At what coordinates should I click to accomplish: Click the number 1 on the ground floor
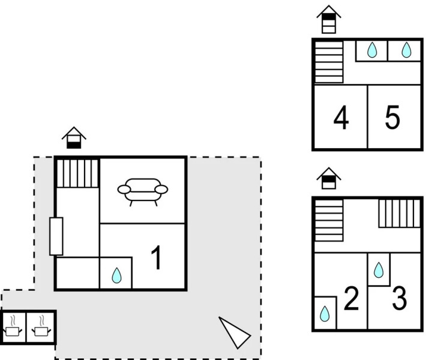[x=155, y=259]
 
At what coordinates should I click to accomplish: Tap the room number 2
[x=350, y=298]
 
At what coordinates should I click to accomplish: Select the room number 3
[x=400, y=299]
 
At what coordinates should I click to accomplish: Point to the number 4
[x=341, y=118]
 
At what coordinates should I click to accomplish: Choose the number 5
[x=392, y=118]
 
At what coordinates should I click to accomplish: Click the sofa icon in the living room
[x=143, y=191]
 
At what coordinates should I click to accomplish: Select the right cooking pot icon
[x=41, y=328]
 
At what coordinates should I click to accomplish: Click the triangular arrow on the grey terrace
[x=235, y=331]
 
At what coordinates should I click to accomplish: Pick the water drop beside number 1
[x=116, y=275]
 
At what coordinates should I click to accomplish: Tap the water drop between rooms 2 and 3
[x=379, y=270]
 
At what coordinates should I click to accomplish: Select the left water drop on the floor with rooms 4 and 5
[x=372, y=50]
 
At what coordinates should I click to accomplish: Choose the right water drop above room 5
[x=406, y=50]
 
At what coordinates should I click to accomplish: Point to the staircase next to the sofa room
[x=77, y=173]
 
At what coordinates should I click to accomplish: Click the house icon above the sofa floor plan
[x=74, y=137]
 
